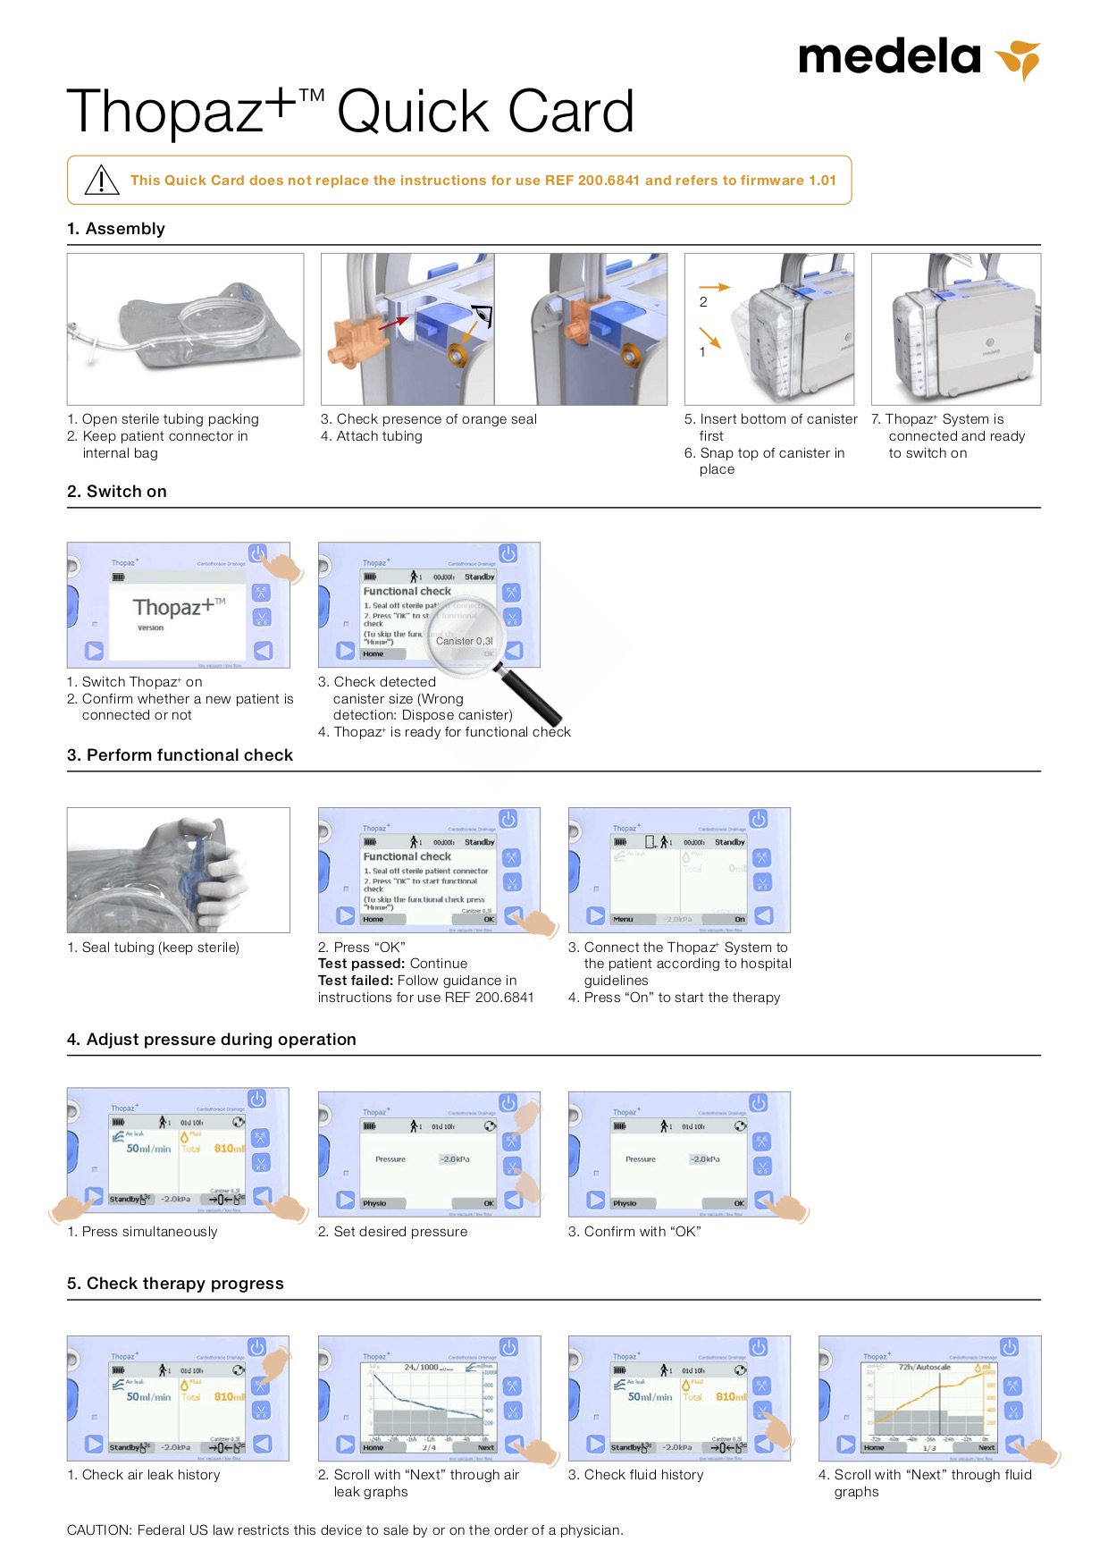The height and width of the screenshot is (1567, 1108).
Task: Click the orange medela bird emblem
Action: coord(1020,59)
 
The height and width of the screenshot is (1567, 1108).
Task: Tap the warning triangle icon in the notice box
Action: coord(102,180)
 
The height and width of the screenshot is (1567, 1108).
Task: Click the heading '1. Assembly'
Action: coord(116,229)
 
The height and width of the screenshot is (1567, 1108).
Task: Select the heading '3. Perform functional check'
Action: coord(180,755)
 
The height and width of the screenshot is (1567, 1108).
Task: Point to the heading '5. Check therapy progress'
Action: coord(175,1284)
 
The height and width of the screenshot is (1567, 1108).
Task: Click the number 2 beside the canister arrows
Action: coord(703,302)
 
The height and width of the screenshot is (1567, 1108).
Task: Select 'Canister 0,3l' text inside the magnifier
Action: coord(464,641)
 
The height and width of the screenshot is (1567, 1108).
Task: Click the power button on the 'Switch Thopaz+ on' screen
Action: coord(257,553)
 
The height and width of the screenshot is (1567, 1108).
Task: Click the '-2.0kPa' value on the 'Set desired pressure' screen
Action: coord(455,1158)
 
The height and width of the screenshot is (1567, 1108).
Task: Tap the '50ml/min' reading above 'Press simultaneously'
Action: coord(148,1149)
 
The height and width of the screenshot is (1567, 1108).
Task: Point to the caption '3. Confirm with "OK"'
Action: coord(634,1232)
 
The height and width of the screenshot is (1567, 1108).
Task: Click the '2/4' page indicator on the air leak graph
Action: coord(429,1447)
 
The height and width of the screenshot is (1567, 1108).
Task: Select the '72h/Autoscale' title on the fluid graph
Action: coord(924,1368)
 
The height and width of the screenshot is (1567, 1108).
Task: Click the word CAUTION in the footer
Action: coord(99,1530)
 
